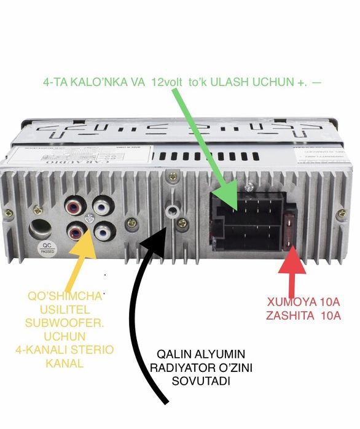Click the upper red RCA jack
[77, 202]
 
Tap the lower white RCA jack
[103, 232]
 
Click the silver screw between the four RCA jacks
[90, 217]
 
